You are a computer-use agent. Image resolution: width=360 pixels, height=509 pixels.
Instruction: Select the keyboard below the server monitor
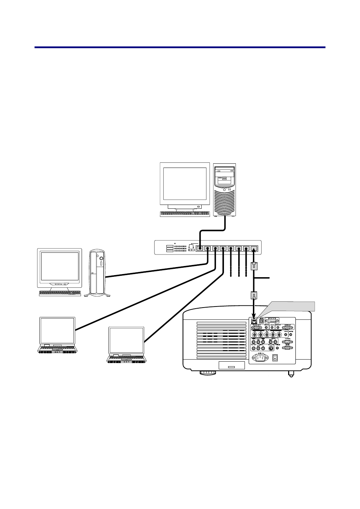point(185,214)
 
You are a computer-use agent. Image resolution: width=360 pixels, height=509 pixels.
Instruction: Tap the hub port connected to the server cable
point(200,249)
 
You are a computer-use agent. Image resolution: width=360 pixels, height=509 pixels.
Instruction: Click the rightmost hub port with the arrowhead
point(254,249)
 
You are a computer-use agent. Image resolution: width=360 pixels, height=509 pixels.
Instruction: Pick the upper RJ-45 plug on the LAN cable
point(254,267)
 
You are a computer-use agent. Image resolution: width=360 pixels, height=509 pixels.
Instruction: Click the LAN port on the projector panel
point(254,321)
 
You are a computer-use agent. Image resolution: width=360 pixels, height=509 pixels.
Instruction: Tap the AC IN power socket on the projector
point(260,357)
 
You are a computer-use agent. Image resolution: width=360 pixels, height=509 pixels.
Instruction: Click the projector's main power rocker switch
point(276,357)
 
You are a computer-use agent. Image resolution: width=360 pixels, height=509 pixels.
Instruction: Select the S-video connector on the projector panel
point(271,348)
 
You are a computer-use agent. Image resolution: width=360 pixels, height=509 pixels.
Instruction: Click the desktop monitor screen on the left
point(60,266)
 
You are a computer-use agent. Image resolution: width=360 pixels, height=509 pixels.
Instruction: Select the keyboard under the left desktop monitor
point(60,293)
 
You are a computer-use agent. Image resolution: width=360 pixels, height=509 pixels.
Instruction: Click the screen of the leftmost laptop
point(57,330)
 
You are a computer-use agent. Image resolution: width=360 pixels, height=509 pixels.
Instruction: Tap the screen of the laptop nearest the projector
point(126,340)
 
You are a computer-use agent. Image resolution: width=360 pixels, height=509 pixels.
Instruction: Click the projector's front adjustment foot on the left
point(208,373)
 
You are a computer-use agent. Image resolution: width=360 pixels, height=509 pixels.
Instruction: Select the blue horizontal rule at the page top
point(180,47)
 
